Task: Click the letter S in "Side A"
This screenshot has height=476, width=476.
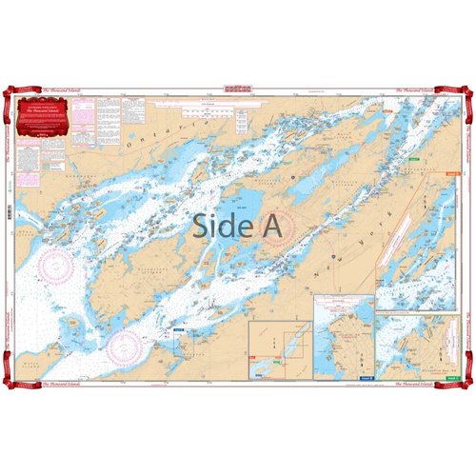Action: point(202,226)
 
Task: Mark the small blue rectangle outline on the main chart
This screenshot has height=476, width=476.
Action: point(179,332)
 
